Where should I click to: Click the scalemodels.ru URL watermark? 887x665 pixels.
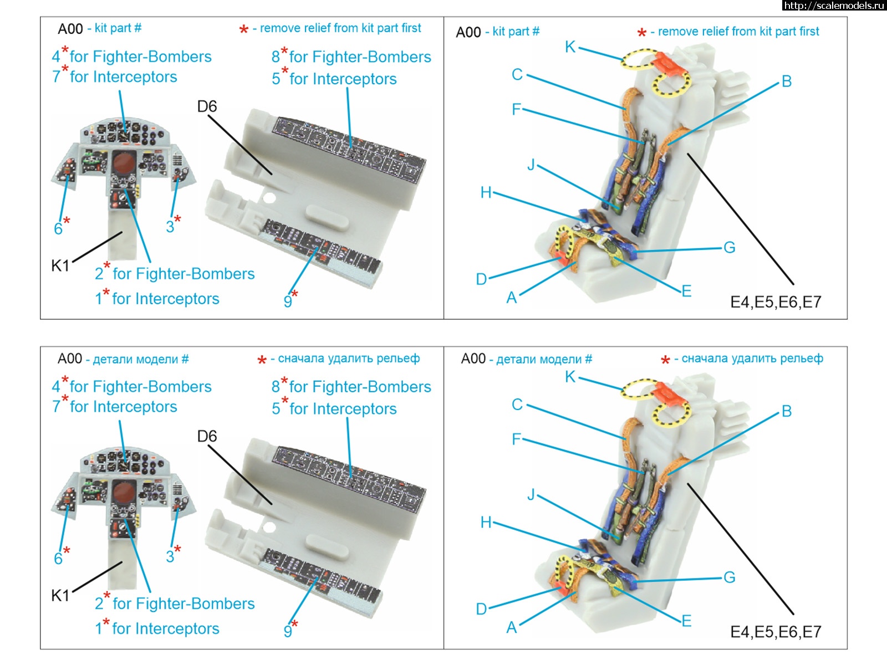[x=834, y=6]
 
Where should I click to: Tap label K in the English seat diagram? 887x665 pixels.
[x=570, y=47]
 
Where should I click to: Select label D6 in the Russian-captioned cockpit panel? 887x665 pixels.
[x=207, y=437]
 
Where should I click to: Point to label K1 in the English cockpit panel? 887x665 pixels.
[x=60, y=266]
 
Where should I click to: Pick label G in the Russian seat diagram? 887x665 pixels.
[x=730, y=577]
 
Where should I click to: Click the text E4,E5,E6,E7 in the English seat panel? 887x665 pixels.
[x=776, y=302]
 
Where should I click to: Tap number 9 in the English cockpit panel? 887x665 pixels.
[x=288, y=301]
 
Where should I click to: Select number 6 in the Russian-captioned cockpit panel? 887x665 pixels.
[x=58, y=558]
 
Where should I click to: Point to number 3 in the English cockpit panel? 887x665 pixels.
[x=170, y=226]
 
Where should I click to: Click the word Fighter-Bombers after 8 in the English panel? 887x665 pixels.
[x=360, y=57]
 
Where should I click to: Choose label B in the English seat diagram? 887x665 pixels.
[x=787, y=82]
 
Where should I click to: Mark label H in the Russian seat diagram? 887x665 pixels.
[x=486, y=523]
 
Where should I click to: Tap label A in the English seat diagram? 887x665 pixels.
[x=512, y=298]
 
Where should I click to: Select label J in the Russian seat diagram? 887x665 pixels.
[x=531, y=494]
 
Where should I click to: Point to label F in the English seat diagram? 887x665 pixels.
[x=516, y=109]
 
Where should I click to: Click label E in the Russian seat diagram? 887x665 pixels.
[x=687, y=621]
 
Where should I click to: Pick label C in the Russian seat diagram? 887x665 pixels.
[x=517, y=405]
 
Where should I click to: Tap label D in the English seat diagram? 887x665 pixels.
[x=481, y=279]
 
